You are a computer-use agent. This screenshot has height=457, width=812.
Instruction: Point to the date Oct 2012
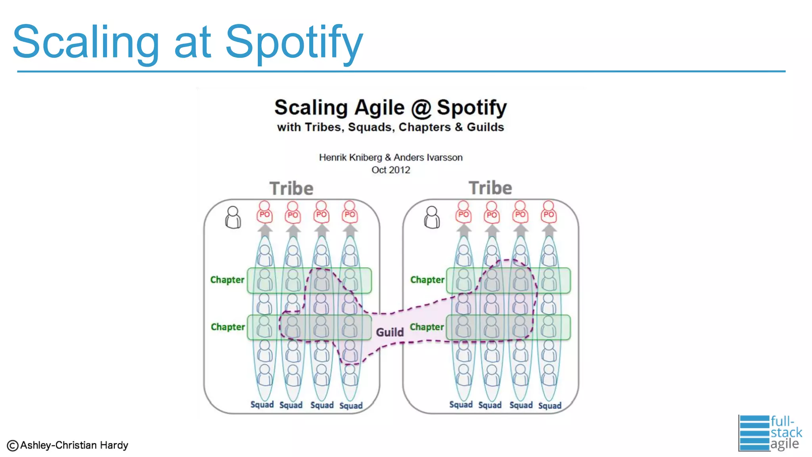(391, 170)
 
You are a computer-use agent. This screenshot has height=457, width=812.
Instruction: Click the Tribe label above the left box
(291, 188)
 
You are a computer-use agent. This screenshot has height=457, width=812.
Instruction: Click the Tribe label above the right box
(490, 188)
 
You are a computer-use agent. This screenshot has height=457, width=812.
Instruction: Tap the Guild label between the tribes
(389, 332)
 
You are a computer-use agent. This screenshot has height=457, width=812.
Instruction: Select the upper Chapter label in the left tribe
(227, 280)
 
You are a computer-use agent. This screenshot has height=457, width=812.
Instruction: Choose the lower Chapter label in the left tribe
(228, 327)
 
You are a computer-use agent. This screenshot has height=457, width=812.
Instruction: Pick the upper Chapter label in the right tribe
(427, 280)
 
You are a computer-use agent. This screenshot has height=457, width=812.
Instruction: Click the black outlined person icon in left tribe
(233, 217)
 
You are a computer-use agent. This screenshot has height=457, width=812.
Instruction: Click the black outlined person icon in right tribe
(432, 217)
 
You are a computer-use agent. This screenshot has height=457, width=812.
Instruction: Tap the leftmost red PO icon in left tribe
(264, 211)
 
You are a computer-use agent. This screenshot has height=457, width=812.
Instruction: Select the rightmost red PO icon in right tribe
(549, 211)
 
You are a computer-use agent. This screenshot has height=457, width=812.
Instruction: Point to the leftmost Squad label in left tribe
(262, 405)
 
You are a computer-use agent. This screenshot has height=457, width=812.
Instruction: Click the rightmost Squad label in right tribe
(550, 405)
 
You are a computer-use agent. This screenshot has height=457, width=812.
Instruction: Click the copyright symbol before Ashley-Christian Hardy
(13, 446)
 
